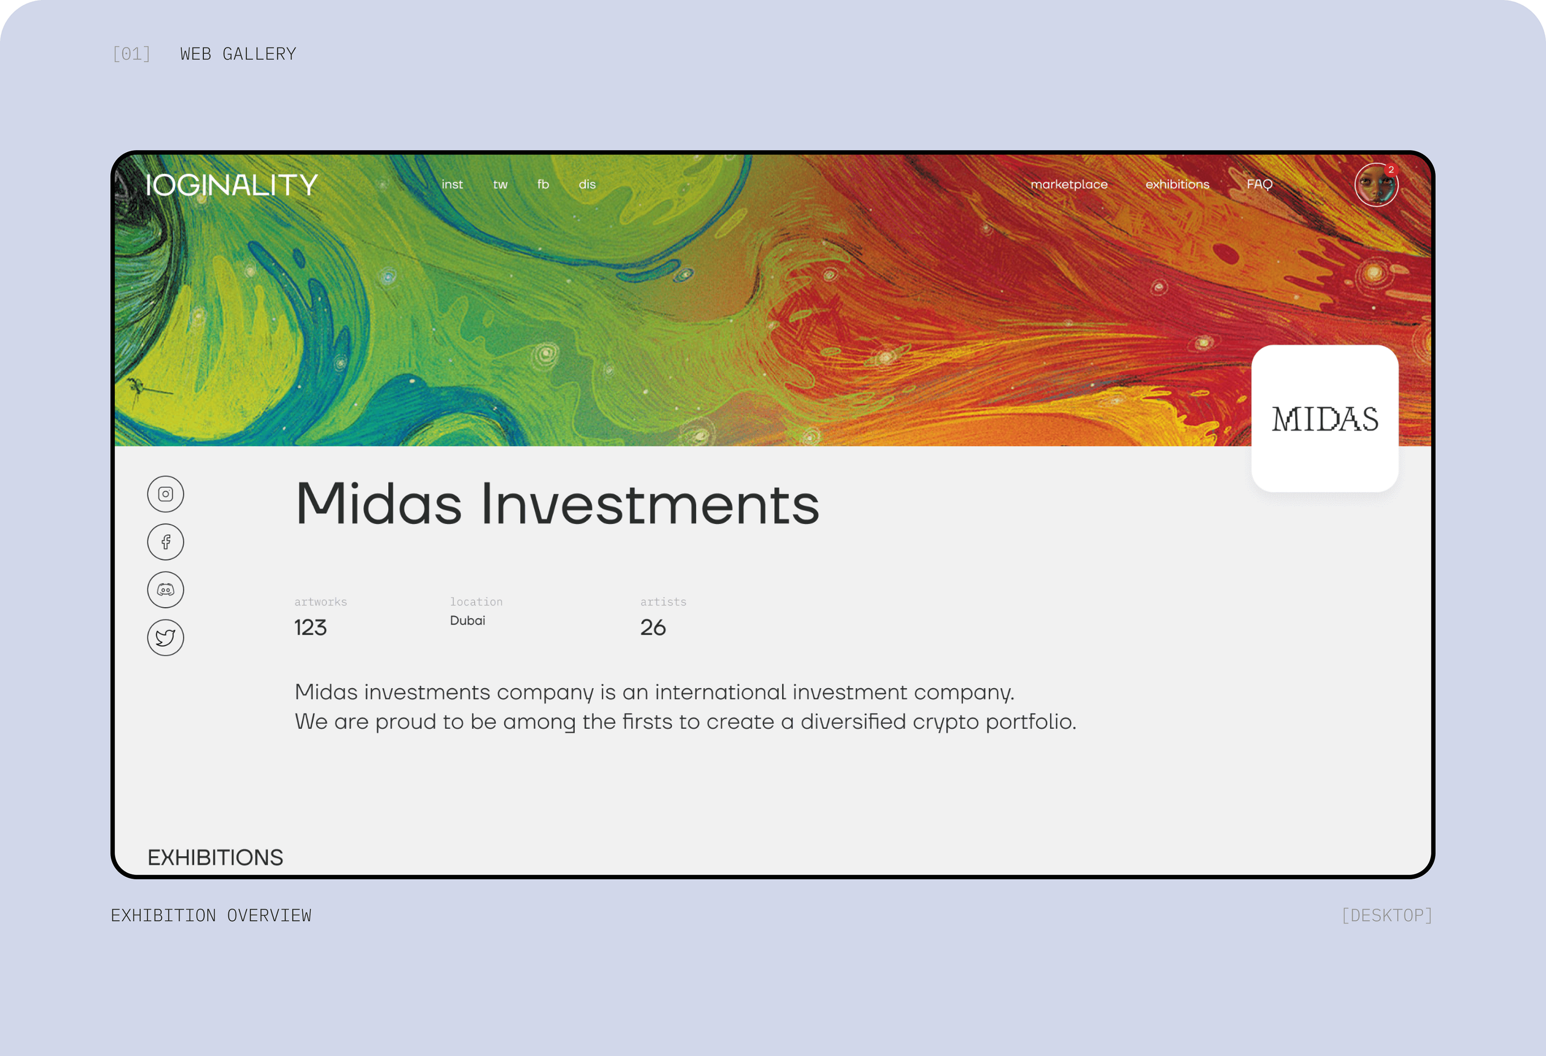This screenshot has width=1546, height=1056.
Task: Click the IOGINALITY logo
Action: click(231, 185)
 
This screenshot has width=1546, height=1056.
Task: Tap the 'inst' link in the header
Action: click(452, 184)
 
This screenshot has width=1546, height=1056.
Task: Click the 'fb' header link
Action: click(544, 184)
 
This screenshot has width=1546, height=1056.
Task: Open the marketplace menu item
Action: click(1069, 184)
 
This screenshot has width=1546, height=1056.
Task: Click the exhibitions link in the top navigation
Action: click(1177, 184)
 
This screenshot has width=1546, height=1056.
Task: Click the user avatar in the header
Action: click(1376, 185)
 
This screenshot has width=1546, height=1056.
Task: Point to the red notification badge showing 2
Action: click(1390, 170)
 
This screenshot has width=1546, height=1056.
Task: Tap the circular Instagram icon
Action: click(166, 494)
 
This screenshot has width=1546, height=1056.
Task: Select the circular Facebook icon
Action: click(166, 542)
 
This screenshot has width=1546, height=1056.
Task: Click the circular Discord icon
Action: click(166, 590)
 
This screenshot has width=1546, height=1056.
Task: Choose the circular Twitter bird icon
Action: click(166, 638)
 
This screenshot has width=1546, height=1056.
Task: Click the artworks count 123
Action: click(311, 627)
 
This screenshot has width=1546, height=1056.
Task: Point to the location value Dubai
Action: click(468, 620)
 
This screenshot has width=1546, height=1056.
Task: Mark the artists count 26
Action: click(653, 627)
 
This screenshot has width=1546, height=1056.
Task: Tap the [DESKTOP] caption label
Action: click(1387, 915)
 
